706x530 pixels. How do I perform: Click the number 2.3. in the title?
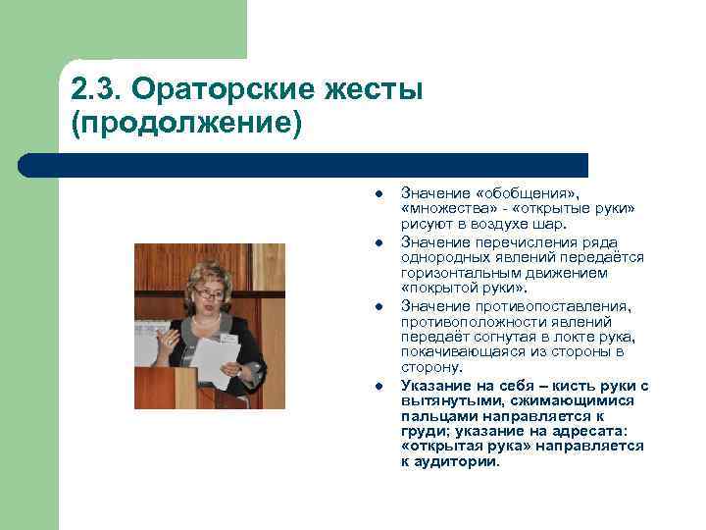(96, 91)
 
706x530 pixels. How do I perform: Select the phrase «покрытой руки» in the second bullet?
(464, 290)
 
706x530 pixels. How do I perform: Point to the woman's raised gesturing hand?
(169, 339)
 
